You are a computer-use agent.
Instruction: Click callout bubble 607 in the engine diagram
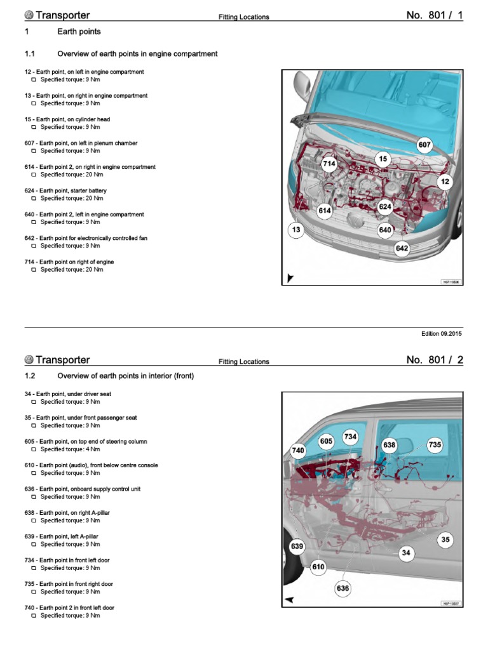[x=424, y=145]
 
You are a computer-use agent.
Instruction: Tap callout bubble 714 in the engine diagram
[x=329, y=164]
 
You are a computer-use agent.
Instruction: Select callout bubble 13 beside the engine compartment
[x=296, y=229]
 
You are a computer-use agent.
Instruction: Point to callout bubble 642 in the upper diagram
[x=402, y=248]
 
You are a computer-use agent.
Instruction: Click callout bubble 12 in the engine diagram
[x=445, y=182]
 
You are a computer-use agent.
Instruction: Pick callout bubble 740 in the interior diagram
[x=298, y=451]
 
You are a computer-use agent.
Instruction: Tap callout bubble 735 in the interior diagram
[x=435, y=445]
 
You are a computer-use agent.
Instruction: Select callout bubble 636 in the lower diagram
[x=342, y=588]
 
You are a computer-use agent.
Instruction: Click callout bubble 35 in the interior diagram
[x=445, y=540]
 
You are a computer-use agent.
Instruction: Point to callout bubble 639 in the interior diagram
[x=297, y=546]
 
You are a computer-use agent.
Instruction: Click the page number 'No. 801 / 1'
[x=435, y=15]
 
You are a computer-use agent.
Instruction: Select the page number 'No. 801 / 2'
[x=435, y=360]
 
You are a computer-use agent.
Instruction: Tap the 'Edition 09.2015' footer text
[x=442, y=334]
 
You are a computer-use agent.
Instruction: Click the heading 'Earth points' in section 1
[x=79, y=32]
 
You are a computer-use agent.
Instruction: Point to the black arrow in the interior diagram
[x=290, y=599]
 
